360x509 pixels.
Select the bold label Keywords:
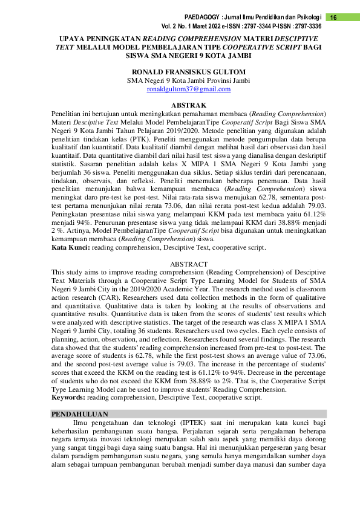point(68,398)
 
